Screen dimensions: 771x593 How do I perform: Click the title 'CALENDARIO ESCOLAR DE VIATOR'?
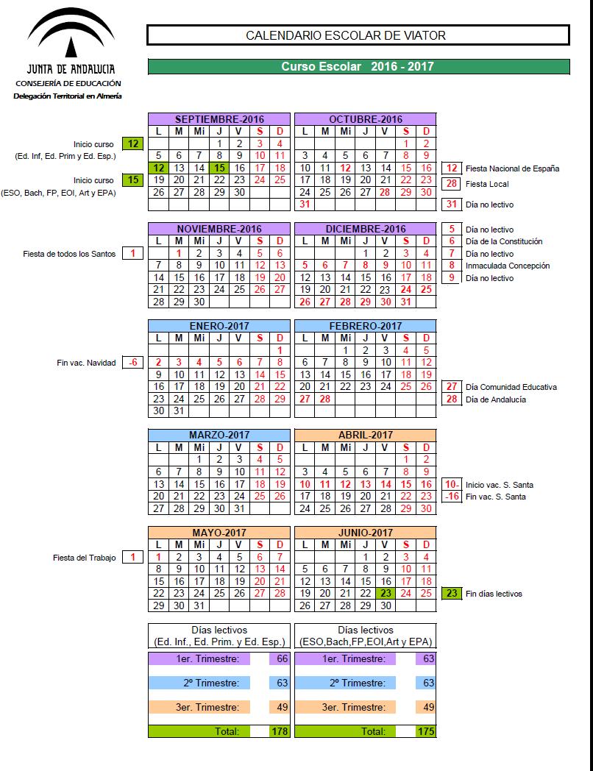click(358, 35)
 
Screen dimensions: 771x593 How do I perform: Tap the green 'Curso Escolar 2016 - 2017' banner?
click(358, 66)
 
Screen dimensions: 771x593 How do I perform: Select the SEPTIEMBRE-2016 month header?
click(219, 119)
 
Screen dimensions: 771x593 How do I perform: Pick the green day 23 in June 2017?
click(386, 593)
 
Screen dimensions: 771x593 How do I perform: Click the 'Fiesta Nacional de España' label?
click(512, 168)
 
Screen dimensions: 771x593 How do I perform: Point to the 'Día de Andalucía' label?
click(496, 399)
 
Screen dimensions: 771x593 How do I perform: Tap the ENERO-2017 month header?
click(219, 326)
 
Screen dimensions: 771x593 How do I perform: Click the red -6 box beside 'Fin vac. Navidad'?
click(133, 363)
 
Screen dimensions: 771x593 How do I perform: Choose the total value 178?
click(280, 731)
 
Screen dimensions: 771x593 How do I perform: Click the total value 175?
click(425, 731)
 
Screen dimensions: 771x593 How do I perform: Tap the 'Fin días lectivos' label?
click(494, 593)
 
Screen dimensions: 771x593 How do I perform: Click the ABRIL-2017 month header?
click(365, 435)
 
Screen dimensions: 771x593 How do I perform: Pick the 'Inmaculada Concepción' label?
click(508, 266)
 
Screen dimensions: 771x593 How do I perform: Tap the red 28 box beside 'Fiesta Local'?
click(452, 184)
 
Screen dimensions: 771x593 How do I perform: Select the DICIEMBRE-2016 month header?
click(365, 229)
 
